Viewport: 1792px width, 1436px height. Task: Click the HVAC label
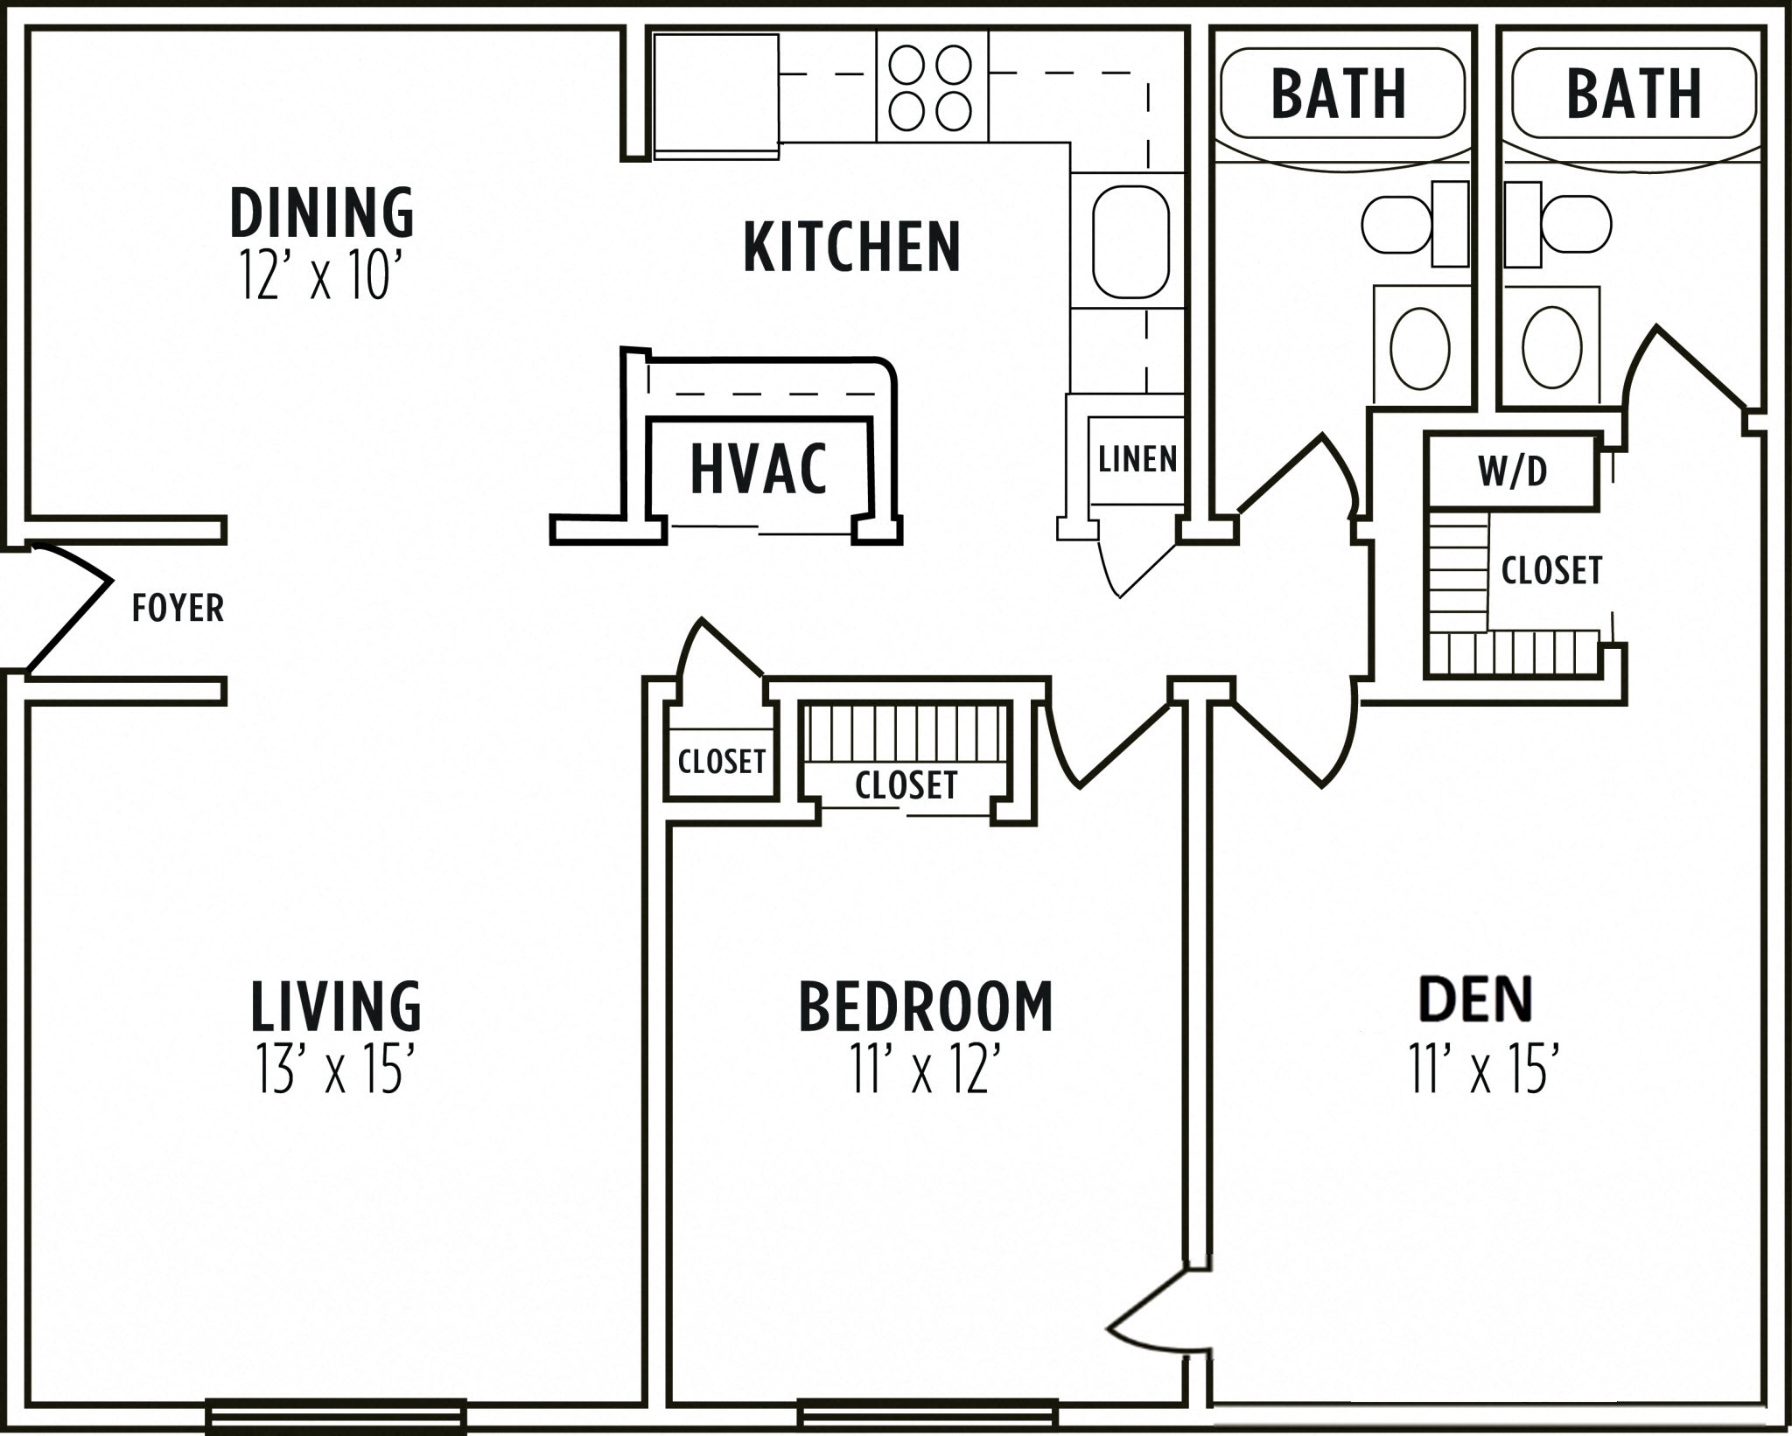click(758, 470)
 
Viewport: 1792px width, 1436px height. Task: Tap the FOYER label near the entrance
click(178, 608)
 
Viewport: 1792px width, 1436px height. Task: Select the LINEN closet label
click(1137, 459)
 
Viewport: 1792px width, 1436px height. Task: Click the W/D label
click(1513, 471)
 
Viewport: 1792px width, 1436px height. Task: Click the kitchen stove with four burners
click(931, 87)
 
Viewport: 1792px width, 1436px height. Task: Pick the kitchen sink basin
click(1130, 241)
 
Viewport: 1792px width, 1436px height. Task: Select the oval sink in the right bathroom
click(1551, 347)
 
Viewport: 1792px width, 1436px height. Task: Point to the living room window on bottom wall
click(336, 1416)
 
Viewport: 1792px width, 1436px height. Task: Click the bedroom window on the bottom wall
click(927, 1416)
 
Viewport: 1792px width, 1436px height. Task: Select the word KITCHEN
click(851, 247)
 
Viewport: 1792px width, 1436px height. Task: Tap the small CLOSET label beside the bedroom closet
click(722, 762)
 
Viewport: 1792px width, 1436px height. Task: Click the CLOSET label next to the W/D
click(1551, 571)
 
